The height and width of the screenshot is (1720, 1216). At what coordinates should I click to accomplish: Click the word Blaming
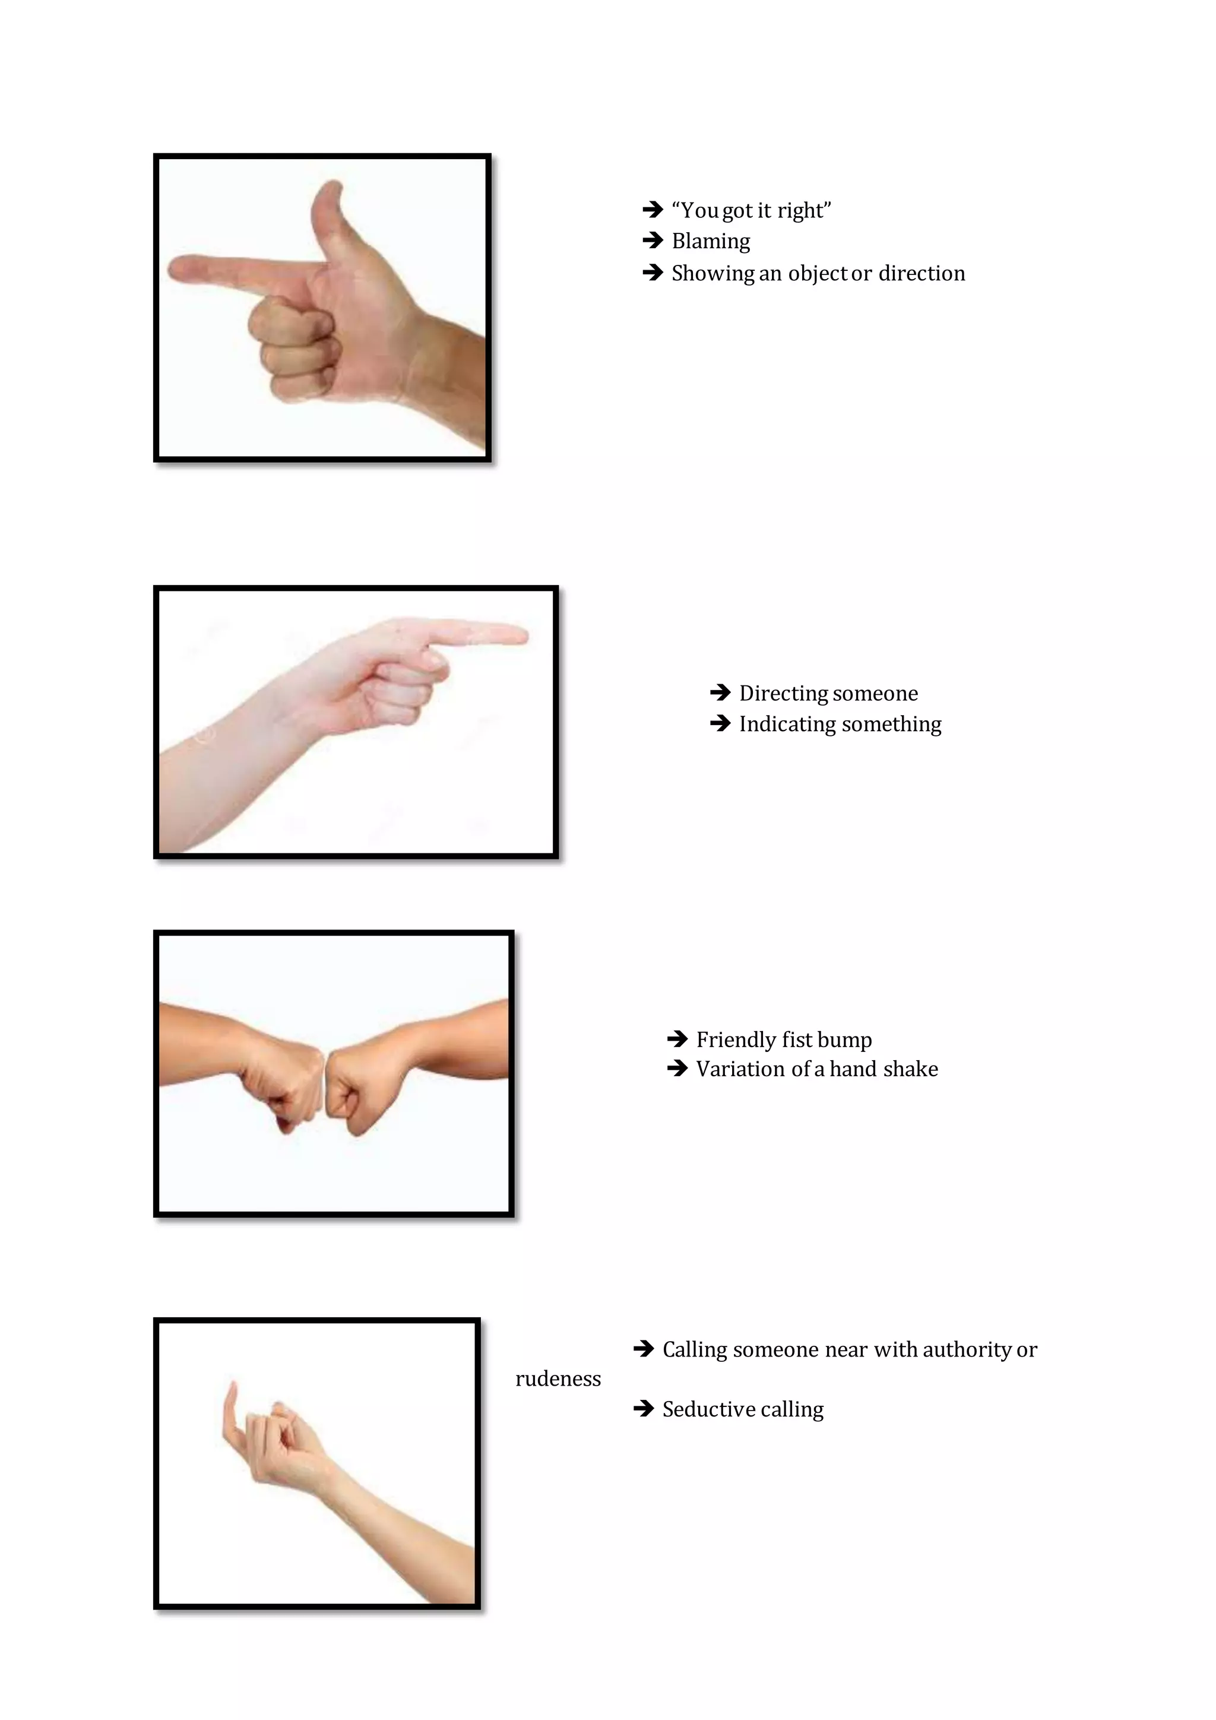pos(711,241)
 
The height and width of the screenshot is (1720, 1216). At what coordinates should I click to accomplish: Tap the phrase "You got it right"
pos(751,210)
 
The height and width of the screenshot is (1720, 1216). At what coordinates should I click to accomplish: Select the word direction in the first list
pos(921,273)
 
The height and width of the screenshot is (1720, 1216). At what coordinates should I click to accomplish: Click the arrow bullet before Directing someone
pos(720,693)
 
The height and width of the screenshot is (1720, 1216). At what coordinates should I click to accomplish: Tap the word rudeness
pos(558,1379)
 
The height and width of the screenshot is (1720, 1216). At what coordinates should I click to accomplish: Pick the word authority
pos(967,1350)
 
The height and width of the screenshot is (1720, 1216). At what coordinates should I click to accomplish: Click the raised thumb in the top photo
pos(328,203)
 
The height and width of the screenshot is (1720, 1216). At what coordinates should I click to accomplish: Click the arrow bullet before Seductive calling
pos(643,1409)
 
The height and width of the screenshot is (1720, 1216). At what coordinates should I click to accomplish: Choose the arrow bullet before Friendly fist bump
pos(677,1039)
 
